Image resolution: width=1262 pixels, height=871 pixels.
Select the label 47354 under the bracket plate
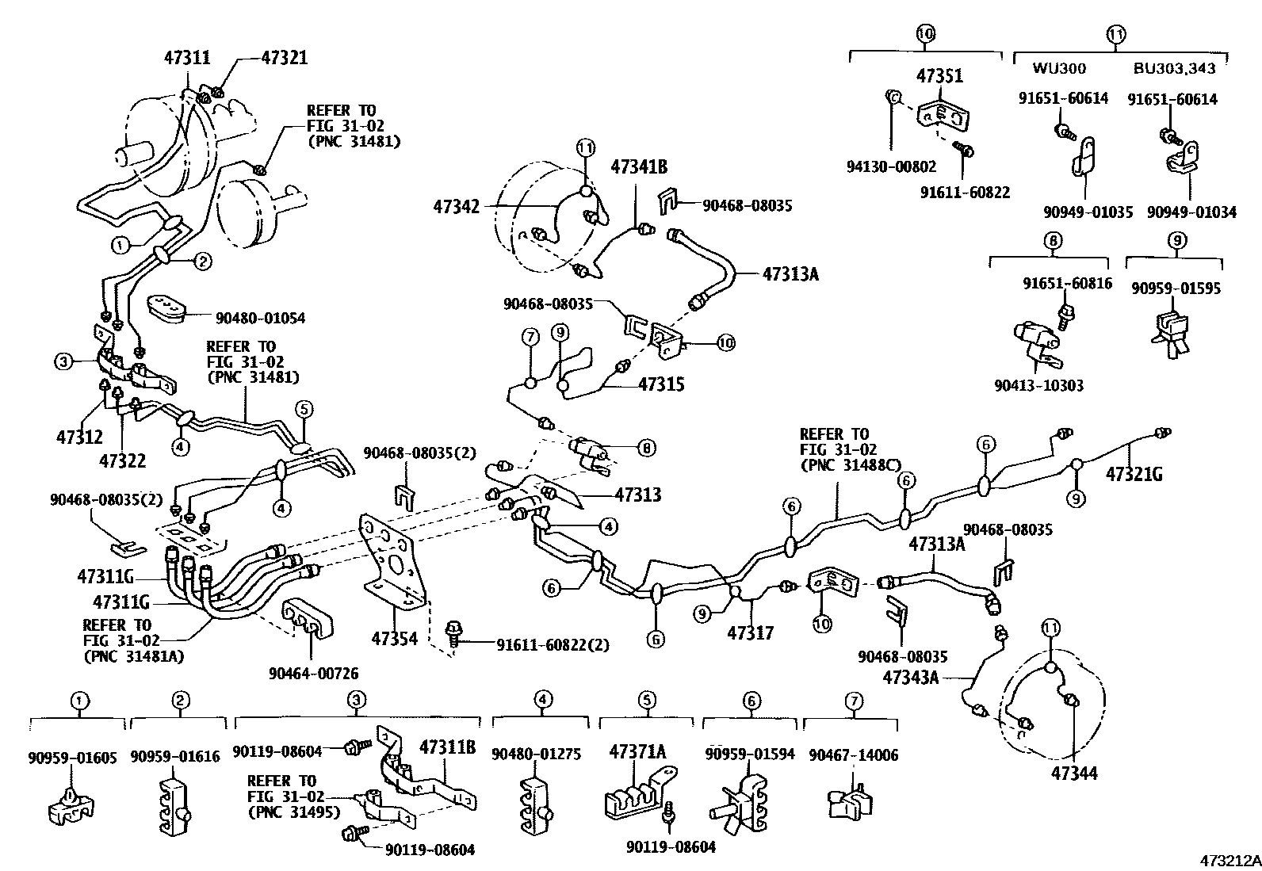tap(395, 637)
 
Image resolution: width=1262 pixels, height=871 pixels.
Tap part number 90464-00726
tap(313, 674)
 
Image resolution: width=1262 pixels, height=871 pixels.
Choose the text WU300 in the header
tap(1059, 69)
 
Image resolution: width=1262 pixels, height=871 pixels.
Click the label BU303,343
tap(1174, 69)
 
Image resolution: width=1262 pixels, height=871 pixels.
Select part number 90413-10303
tap(1038, 386)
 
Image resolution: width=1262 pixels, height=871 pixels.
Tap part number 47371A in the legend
tap(637, 751)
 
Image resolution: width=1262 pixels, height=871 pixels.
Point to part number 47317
tap(751, 632)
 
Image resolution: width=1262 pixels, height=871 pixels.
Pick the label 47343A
tap(910, 677)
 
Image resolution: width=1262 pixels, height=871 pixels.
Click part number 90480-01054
tap(260, 318)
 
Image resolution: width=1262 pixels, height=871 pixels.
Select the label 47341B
tap(639, 167)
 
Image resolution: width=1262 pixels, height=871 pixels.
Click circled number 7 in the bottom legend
tap(853, 701)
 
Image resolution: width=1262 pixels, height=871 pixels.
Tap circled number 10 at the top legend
tap(925, 34)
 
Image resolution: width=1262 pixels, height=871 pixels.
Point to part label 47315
tap(662, 384)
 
